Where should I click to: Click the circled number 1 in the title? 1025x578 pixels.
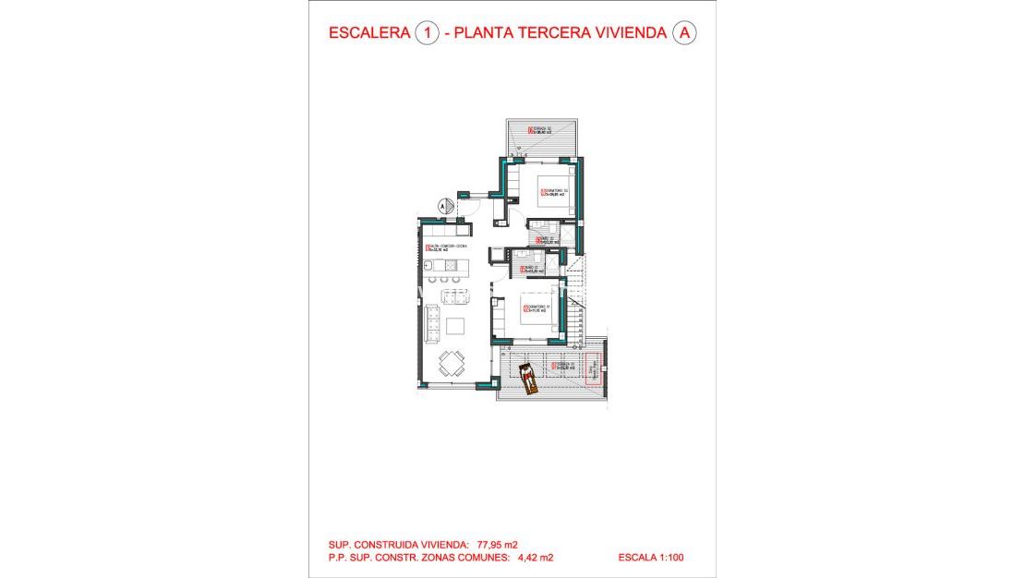pos(427,33)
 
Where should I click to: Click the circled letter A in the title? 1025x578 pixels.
pos(684,33)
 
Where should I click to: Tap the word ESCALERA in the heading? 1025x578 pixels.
pos(369,33)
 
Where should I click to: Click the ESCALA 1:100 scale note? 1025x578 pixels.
pos(652,558)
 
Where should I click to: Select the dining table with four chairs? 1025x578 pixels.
pos(452,363)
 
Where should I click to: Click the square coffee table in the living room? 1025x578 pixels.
pos(456,325)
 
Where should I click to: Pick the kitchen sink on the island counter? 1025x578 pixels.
pos(432,266)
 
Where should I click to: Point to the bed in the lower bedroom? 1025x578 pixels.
pos(540,317)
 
